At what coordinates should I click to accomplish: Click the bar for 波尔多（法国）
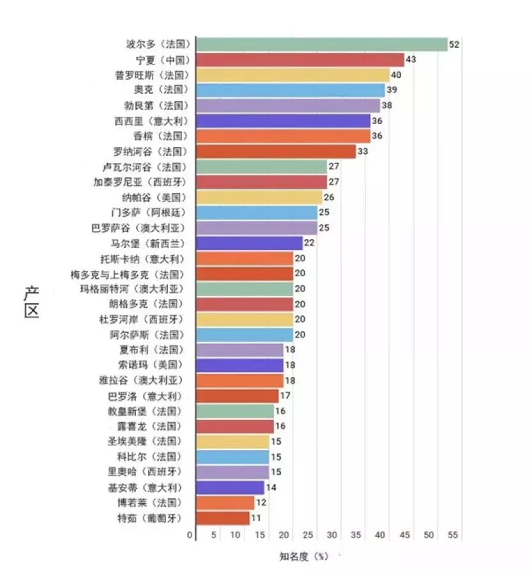[x=321, y=44]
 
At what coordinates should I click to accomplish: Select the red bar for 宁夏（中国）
[x=300, y=59]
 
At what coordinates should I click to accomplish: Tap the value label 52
[x=454, y=44]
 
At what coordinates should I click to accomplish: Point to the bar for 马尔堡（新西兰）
[x=249, y=243]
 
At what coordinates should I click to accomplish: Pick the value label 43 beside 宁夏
[x=411, y=59]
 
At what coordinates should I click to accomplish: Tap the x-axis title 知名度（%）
[x=304, y=556]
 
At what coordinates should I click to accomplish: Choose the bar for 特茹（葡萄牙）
[x=223, y=518]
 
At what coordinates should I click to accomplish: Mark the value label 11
[x=256, y=518]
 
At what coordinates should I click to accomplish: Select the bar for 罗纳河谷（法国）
[x=276, y=151]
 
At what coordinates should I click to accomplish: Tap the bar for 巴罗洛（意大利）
[x=237, y=396]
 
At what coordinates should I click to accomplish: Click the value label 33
[x=363, y=151]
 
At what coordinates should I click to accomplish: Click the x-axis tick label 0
[x=190, y=534]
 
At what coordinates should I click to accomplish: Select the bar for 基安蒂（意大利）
[x=230, y=487]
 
